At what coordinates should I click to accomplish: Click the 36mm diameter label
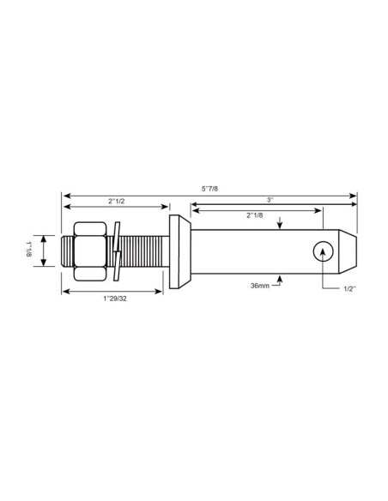[x=260, y=285]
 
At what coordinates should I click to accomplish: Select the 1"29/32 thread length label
[x=112, y=298]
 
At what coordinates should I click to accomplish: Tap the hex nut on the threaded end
[x=88, y=251]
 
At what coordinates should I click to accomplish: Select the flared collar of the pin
[x=181, y=251]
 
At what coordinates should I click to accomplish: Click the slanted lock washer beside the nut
[x=117, y=251]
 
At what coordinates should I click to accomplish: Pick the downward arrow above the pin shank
[x=281, y=225]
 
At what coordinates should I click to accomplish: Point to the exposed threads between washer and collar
[x=144, y=251]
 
